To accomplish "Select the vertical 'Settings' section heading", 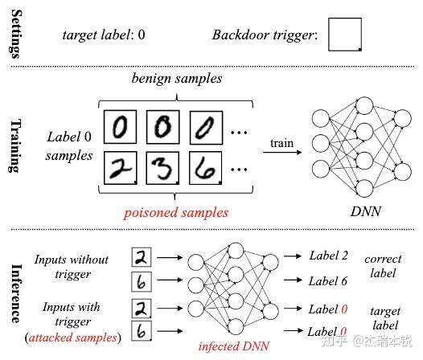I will [14, 34].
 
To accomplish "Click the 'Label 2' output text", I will [328, 256].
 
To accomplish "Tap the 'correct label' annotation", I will [383, 268].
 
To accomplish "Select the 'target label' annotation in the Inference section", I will [383, 317].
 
